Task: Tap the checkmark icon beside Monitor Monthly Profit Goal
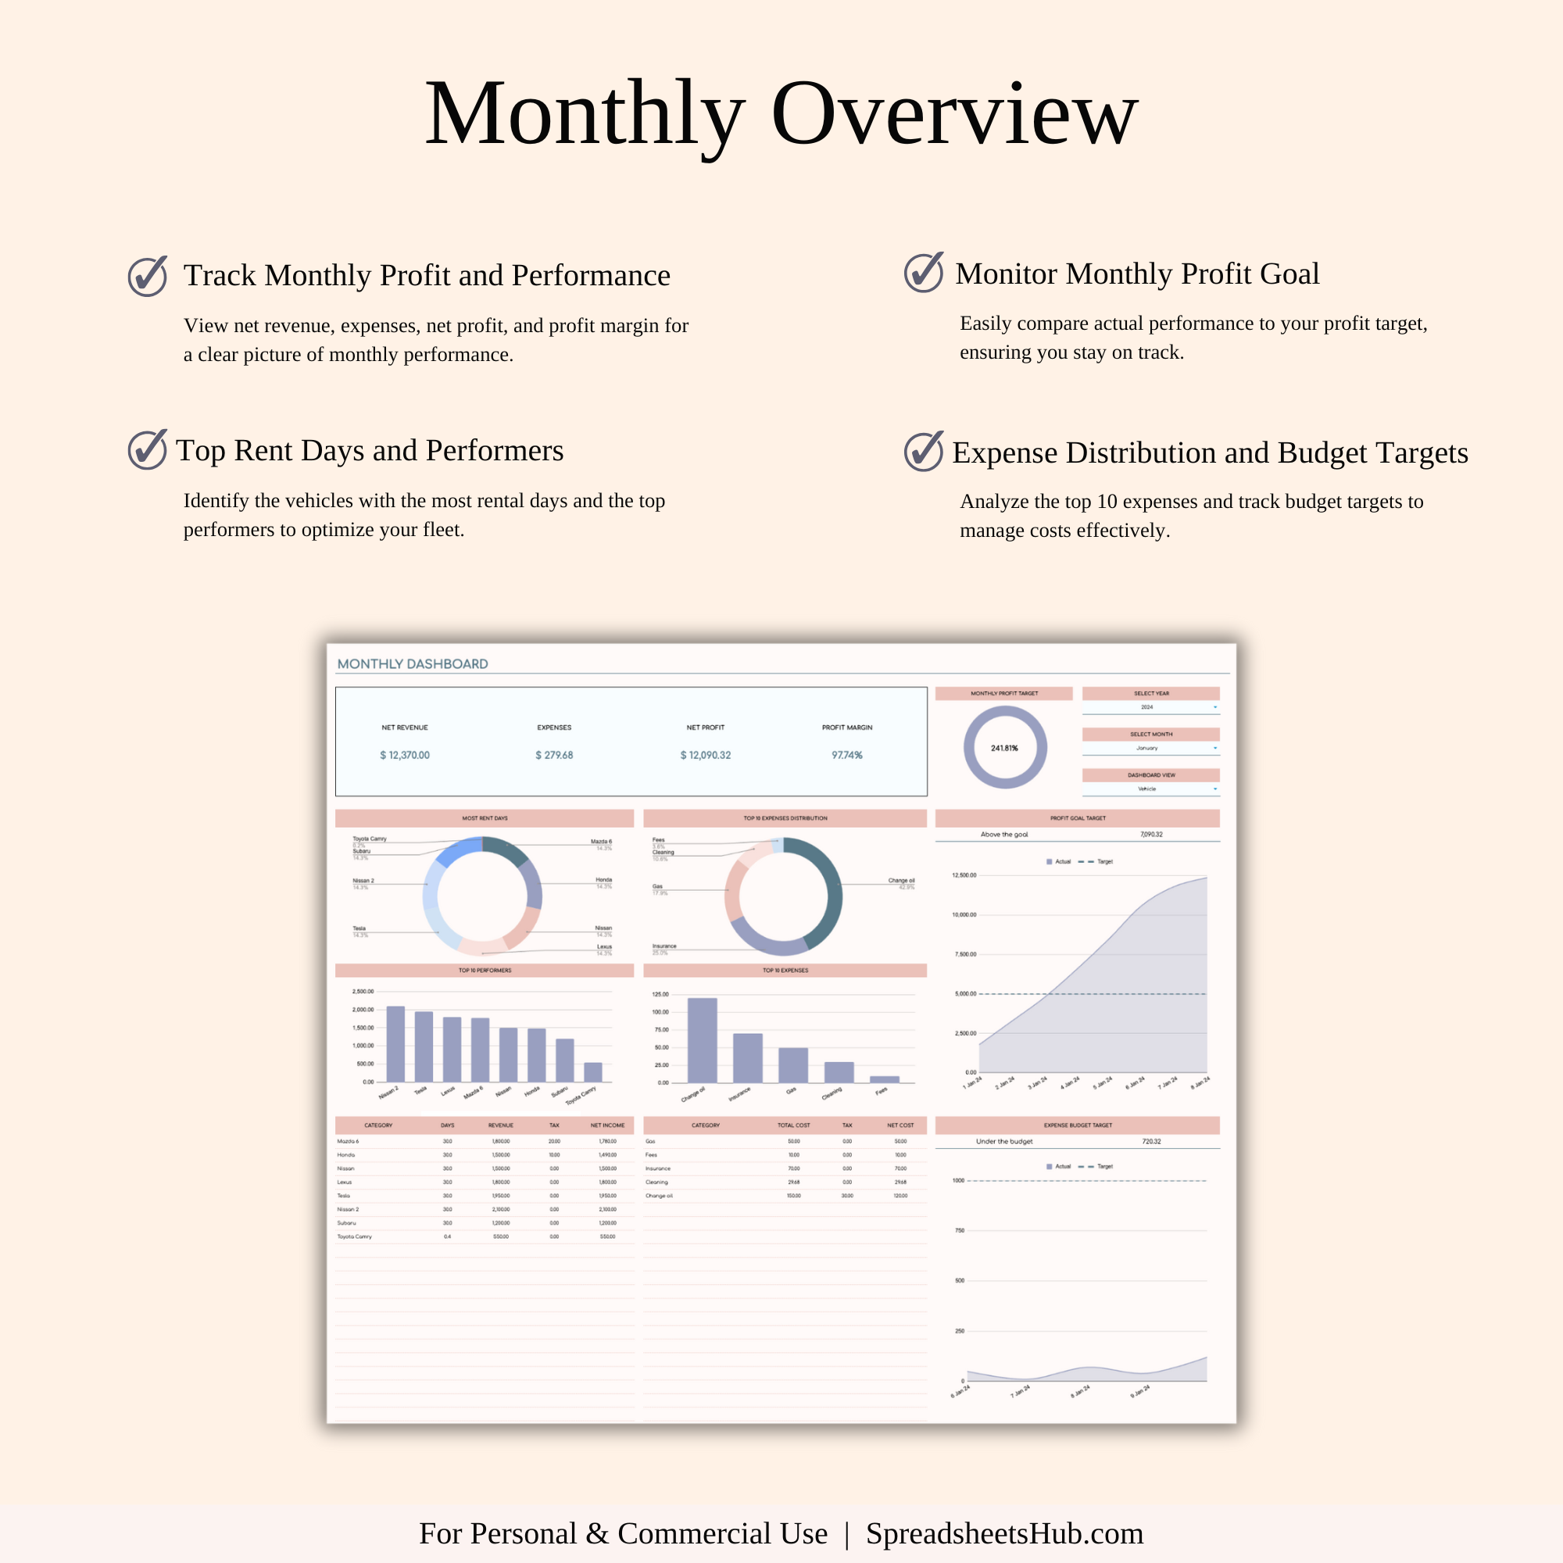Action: pyautogui.click(x=923, y=273)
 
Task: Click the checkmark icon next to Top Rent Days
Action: pyautogui.click(x=147, y=450)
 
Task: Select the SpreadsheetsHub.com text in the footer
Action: pyautogui.click(x=1004, y=1533)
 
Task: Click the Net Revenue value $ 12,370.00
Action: pyautogui.click(x=405, y=755)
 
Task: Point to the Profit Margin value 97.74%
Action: pyautogui.click(x=847, y=755)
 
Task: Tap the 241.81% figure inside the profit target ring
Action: pyautogui.click(x=1004, y=749)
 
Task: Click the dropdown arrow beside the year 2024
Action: pyautogui.click(x=1215, y=707)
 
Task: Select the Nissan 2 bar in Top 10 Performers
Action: pyautogui.click(x=395, y=1043)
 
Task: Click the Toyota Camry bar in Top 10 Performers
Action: pyautogui.click(x=593, y=1072)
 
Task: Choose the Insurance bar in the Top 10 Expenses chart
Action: pyautogui.click(x=748, y=1057)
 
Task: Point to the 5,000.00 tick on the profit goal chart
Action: pyautogui.click(x=965, y=993)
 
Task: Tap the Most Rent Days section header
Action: pyautogui.click(x=485, y=818)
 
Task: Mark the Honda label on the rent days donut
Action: pyautogui.click(x=603, y=879)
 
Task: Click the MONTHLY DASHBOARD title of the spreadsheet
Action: pyautogui.click(x=413, y=664)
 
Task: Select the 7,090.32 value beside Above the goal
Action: pyautogui.click(x=1151, y=834)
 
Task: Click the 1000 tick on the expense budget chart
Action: pyautogui.click(x=959, y=1180)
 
